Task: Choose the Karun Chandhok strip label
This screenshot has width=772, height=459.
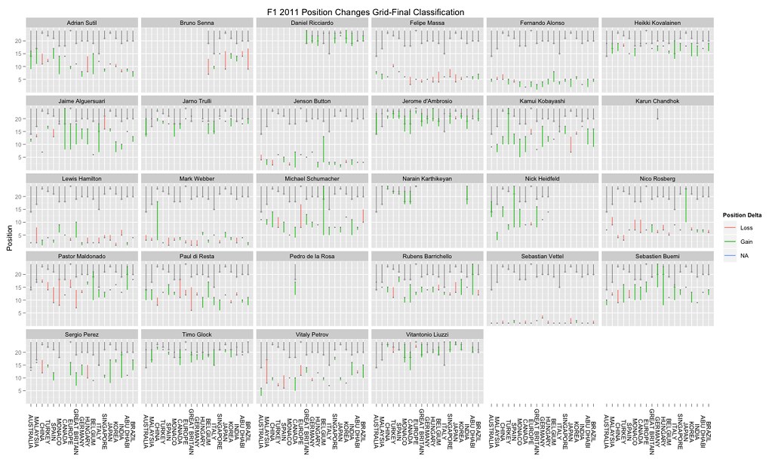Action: coord(656,100)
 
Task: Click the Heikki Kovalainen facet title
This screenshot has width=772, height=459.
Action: coord(656,23)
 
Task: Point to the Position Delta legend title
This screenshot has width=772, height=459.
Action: coord(743,212)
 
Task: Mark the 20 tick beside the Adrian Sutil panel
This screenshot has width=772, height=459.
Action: coord(18,41)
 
